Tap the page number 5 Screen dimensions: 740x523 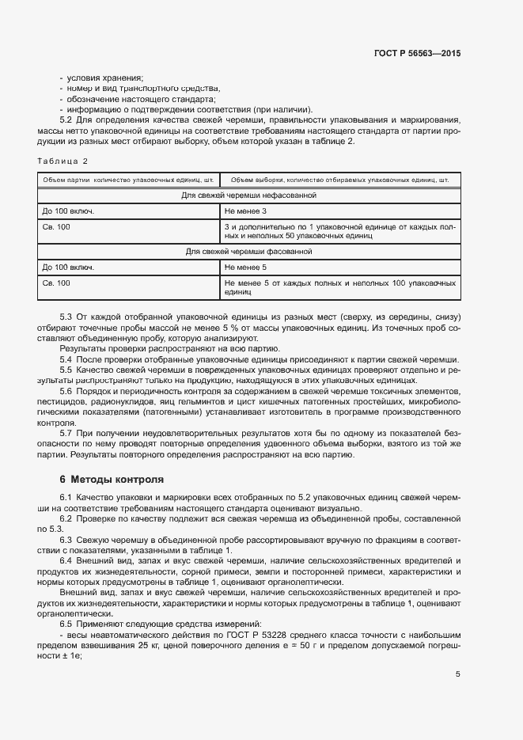coord(458,674)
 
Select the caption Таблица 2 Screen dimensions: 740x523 coord(63,161)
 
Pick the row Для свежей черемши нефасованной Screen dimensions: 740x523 coord(248,194)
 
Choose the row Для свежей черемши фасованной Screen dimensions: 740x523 coord(248,252)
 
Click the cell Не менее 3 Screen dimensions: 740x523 coord(245,211)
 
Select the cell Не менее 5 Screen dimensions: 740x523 coord(245,268)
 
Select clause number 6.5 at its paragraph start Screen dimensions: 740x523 coord(67,623)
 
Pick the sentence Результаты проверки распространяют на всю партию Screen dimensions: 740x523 coord(169,348)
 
